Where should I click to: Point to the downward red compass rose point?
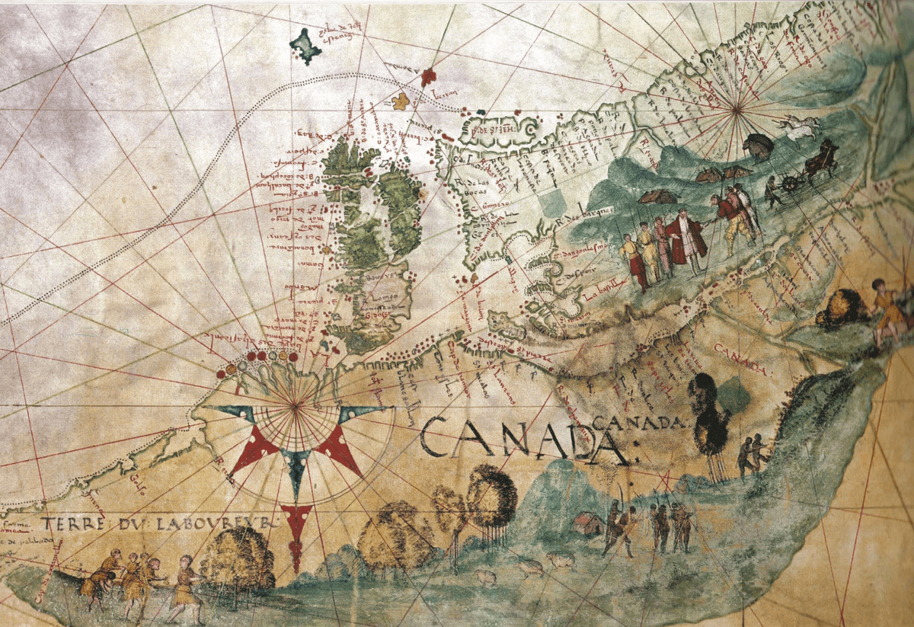click(x=296, y=533)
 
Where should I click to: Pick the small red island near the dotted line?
click(x=429, y=76)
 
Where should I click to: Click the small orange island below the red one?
click(x=400, y=101)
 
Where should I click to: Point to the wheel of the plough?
click(x=793, y=184)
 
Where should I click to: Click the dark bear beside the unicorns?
click(x=758, y=145)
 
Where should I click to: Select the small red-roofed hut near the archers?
click(x=586, y=523)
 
